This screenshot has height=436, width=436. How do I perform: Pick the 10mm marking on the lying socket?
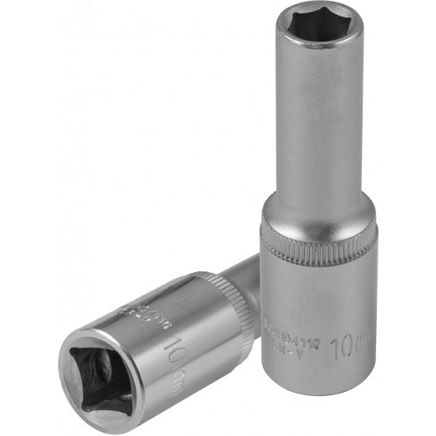click(177, 349)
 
